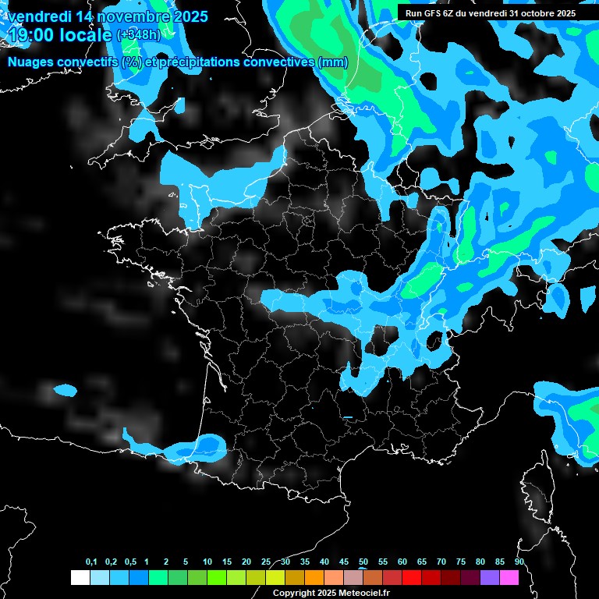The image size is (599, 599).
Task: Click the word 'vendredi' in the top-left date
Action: tap(38, 16)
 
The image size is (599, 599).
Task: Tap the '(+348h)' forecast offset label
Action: tap(138, 35)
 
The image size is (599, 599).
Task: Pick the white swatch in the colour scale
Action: tap(80, 577)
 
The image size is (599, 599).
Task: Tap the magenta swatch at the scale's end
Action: tap(509, 577)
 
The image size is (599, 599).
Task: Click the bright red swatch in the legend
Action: tap(412, 577)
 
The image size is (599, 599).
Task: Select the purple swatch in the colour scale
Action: tap(490, 577)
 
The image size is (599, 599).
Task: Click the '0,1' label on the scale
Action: tap(90, 562)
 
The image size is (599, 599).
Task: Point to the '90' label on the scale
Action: tap(519, 562)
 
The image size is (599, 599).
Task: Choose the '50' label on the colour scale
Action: tap(363, 562)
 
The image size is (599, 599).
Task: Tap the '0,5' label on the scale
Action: tap(129, 562)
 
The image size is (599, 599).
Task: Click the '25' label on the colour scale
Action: tap(266, 562)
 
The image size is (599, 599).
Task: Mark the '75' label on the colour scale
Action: tap(461, 562)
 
